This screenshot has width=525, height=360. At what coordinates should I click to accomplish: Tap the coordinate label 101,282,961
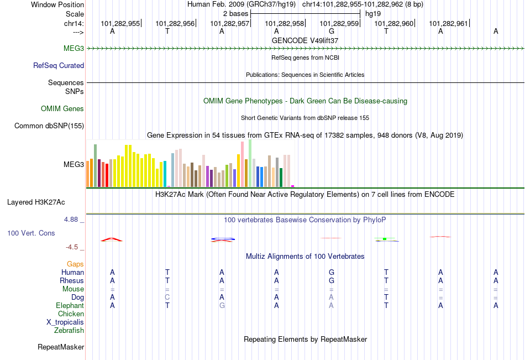tap(448, 23)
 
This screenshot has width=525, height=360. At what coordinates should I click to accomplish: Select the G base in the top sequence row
tap(331, 32)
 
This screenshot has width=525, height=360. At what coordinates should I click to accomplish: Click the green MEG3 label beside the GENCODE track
tap(73, 49)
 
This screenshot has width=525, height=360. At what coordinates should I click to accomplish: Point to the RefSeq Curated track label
tap(59, 65)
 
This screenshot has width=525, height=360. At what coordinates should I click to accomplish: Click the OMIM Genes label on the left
tap(62, 109)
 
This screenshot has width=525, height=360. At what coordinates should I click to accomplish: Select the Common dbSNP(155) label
tap(49, 126)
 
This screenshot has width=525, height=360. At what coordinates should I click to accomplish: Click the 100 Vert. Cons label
tap(31, 233)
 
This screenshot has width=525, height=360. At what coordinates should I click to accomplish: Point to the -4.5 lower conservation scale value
tap(72, 247)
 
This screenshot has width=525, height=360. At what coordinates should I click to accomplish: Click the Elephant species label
tap(70, 305)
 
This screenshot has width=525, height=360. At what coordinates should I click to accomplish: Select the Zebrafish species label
tap(69, 331)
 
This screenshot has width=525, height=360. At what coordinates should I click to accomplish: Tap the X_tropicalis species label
tap(65, 322)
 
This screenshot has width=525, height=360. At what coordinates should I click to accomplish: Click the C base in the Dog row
tap(167, 298)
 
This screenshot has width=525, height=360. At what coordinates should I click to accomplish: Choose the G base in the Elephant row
tap(222, 306)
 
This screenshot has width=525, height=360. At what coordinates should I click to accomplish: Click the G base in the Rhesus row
tap(331, 280)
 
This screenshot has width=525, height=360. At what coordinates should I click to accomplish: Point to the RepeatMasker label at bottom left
tap(61, 347)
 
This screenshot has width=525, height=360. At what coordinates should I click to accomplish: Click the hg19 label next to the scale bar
tap(372, 13)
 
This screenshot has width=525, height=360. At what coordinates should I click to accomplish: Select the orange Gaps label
tap(75, 264)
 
